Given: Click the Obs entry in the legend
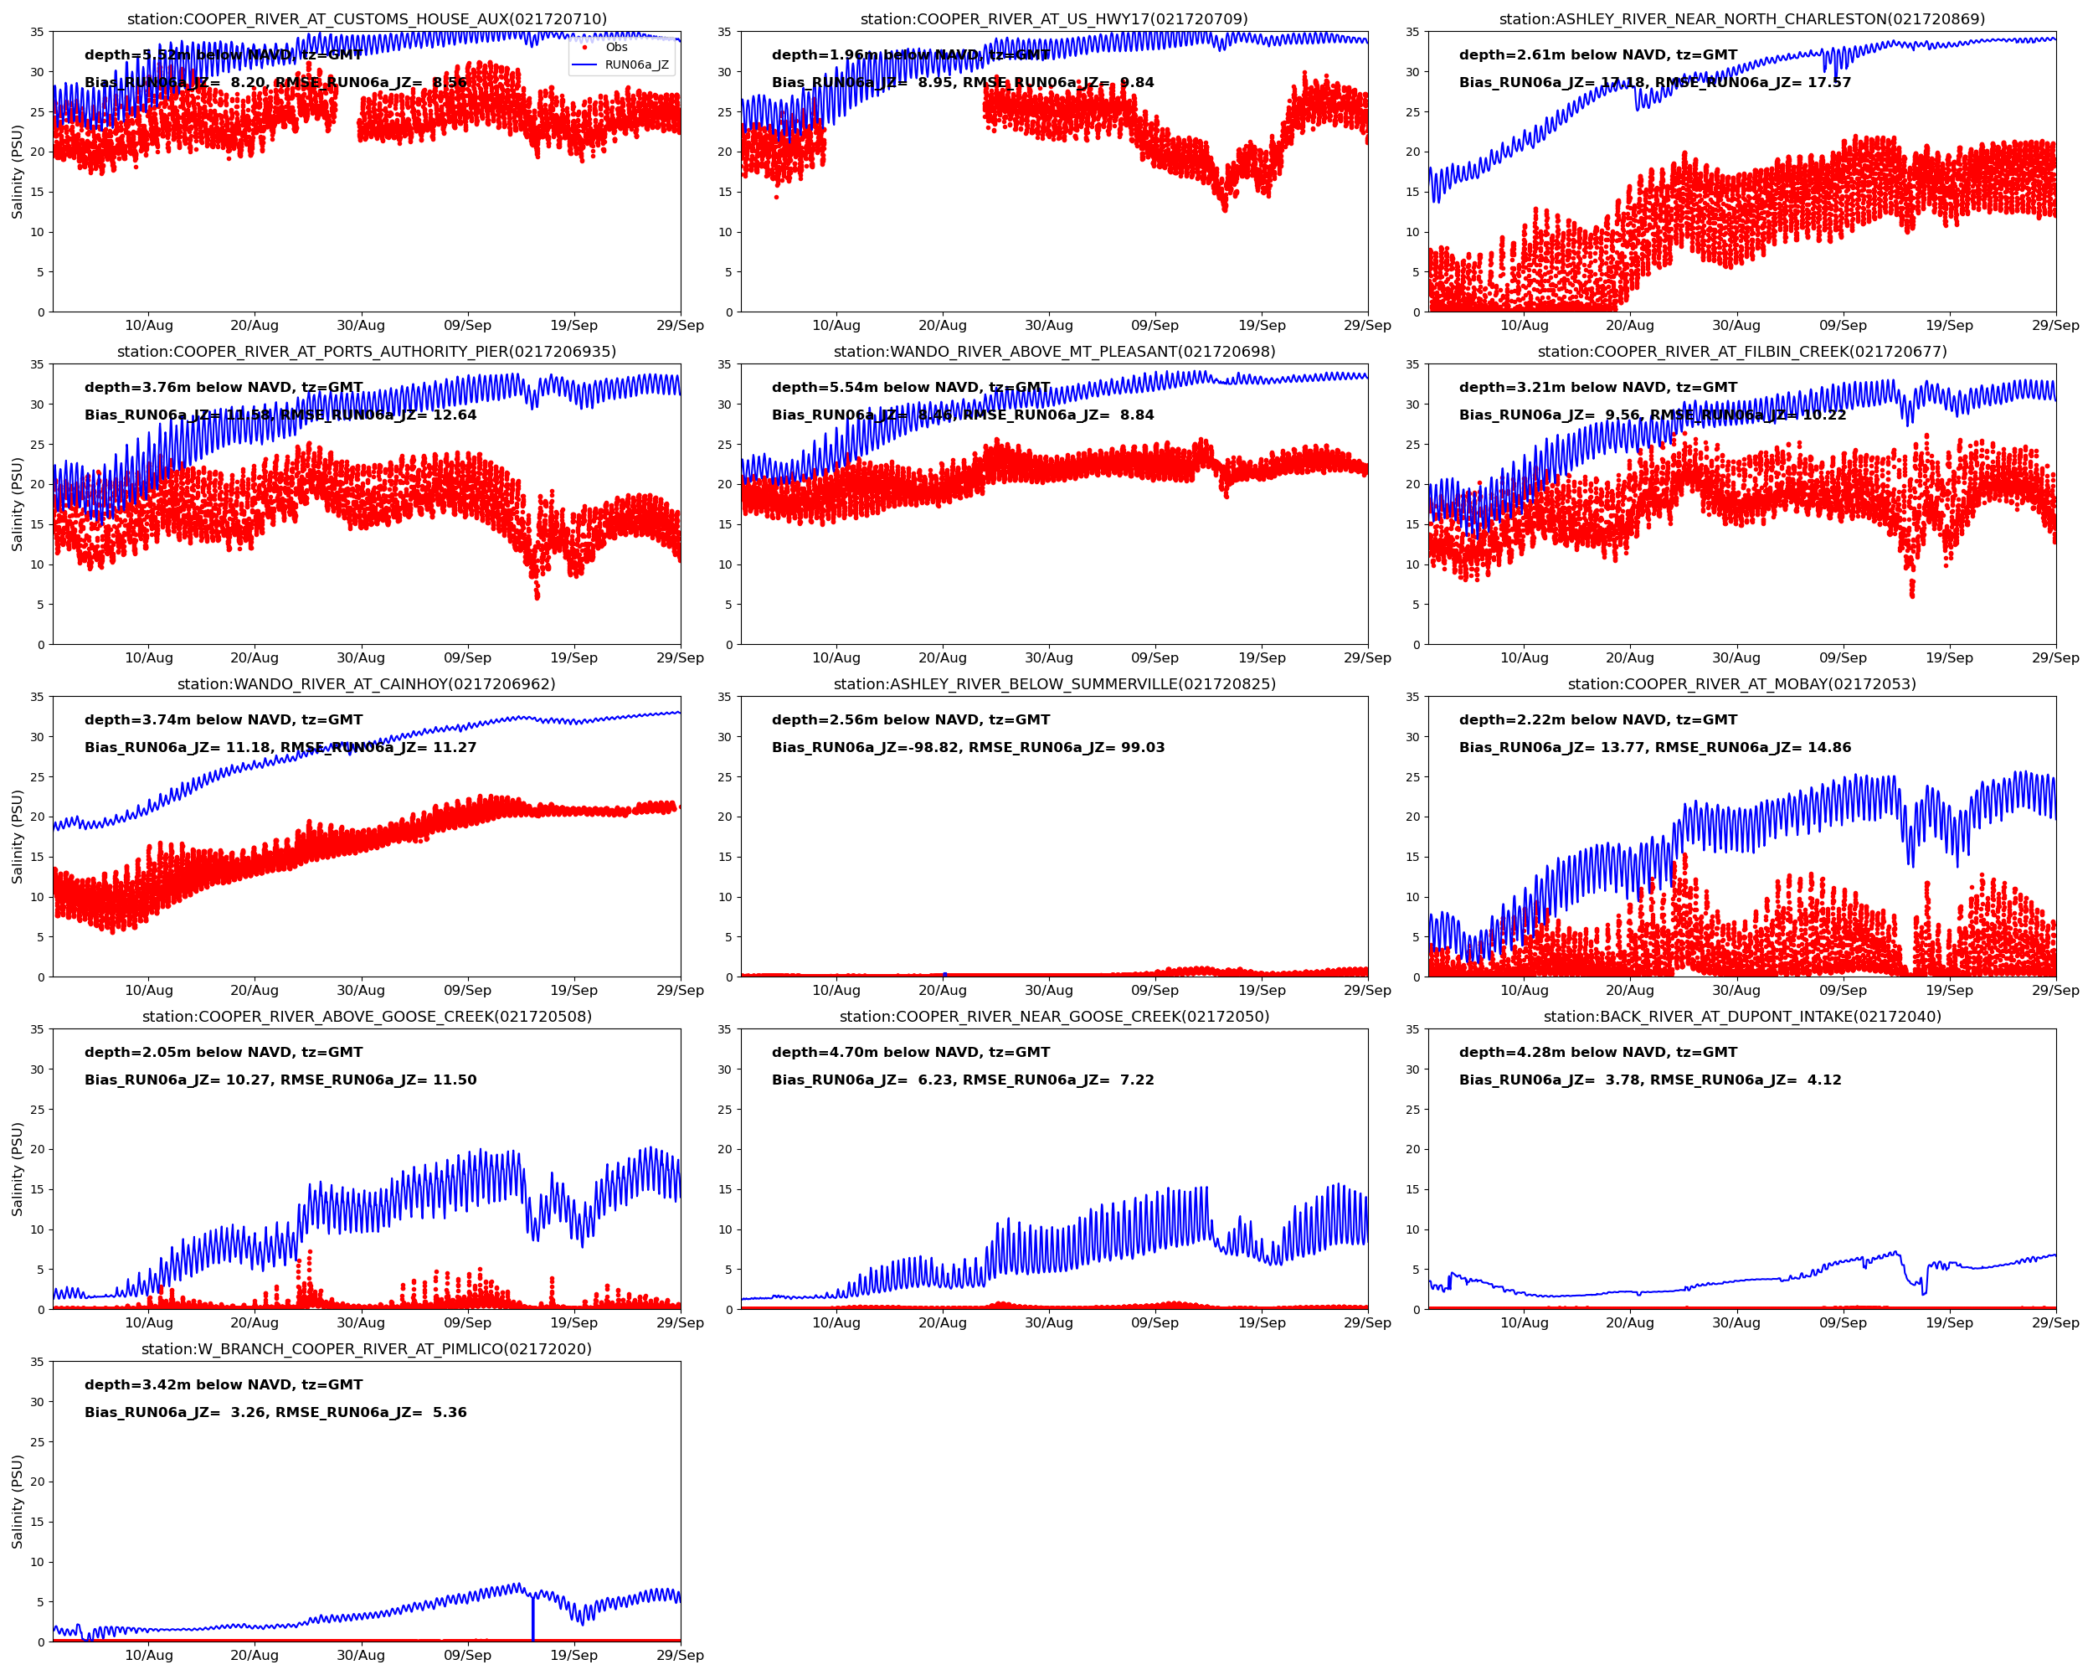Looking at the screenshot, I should pos(615,47).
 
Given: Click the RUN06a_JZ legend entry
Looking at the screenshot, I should pos(636,65).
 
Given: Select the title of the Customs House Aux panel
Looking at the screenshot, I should pos(367,18).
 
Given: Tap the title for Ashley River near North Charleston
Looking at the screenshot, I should pos(1741,18).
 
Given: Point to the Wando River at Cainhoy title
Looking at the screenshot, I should pos(367,683).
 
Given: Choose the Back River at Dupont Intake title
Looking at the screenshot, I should pos(1741,1017).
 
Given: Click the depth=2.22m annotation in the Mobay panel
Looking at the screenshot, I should pos(1598,719).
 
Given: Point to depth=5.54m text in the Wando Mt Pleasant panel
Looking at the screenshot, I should pos(911,388).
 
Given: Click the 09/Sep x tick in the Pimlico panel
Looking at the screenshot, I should pos(468,1655).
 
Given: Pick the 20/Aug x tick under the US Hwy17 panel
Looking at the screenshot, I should pos(943,325).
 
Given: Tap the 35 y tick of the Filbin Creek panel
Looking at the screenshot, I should pos(1412,364).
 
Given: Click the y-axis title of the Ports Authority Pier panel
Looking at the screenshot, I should pos(17,504).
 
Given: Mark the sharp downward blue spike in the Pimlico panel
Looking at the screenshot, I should pos(533,1620).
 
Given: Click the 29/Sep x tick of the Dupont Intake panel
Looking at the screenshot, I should pos(2055,1322).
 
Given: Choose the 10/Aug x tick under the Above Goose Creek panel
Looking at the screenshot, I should pos(148,1322).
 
